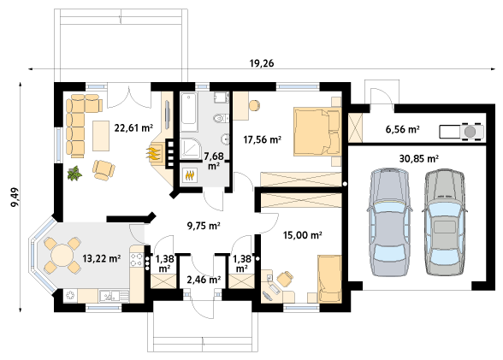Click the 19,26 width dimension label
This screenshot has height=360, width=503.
262,63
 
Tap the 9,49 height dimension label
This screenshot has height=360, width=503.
15,197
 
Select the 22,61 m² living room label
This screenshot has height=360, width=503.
133,128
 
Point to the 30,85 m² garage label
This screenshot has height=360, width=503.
419,158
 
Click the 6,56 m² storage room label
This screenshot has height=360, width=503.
402,129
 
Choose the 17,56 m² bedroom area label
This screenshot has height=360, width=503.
263,139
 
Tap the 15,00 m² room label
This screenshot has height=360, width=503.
303,235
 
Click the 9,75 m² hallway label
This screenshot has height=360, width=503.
204,226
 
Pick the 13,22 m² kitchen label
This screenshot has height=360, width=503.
101,258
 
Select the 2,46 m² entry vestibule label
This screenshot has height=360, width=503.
204,280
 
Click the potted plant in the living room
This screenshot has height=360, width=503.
74,174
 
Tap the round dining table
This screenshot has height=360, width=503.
62,256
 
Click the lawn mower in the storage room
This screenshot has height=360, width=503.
462,132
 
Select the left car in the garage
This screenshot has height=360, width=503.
389,221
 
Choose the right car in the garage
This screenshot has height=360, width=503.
445,221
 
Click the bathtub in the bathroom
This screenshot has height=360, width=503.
188,112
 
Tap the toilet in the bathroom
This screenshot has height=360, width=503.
221,119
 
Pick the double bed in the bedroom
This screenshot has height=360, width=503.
317,132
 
